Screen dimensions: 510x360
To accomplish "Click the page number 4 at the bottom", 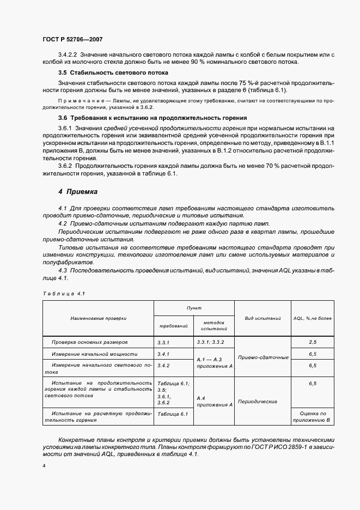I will point(44,466).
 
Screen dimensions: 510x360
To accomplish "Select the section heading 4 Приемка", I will point(78,192).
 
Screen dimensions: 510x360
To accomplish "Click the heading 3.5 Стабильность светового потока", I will point(113,72).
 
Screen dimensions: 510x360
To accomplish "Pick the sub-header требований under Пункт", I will point(173,326).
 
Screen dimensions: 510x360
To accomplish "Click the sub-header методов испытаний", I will point(213,326).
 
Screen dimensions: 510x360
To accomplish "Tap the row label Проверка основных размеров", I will point(90,342).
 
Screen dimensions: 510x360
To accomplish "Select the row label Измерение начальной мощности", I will point(94,354).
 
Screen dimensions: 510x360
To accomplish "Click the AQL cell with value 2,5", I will point(313,342).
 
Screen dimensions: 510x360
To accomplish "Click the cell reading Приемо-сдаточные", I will point(263,357).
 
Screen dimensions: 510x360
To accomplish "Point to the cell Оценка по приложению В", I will point(313,417).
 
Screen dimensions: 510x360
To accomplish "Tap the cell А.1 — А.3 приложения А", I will point(214,363).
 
